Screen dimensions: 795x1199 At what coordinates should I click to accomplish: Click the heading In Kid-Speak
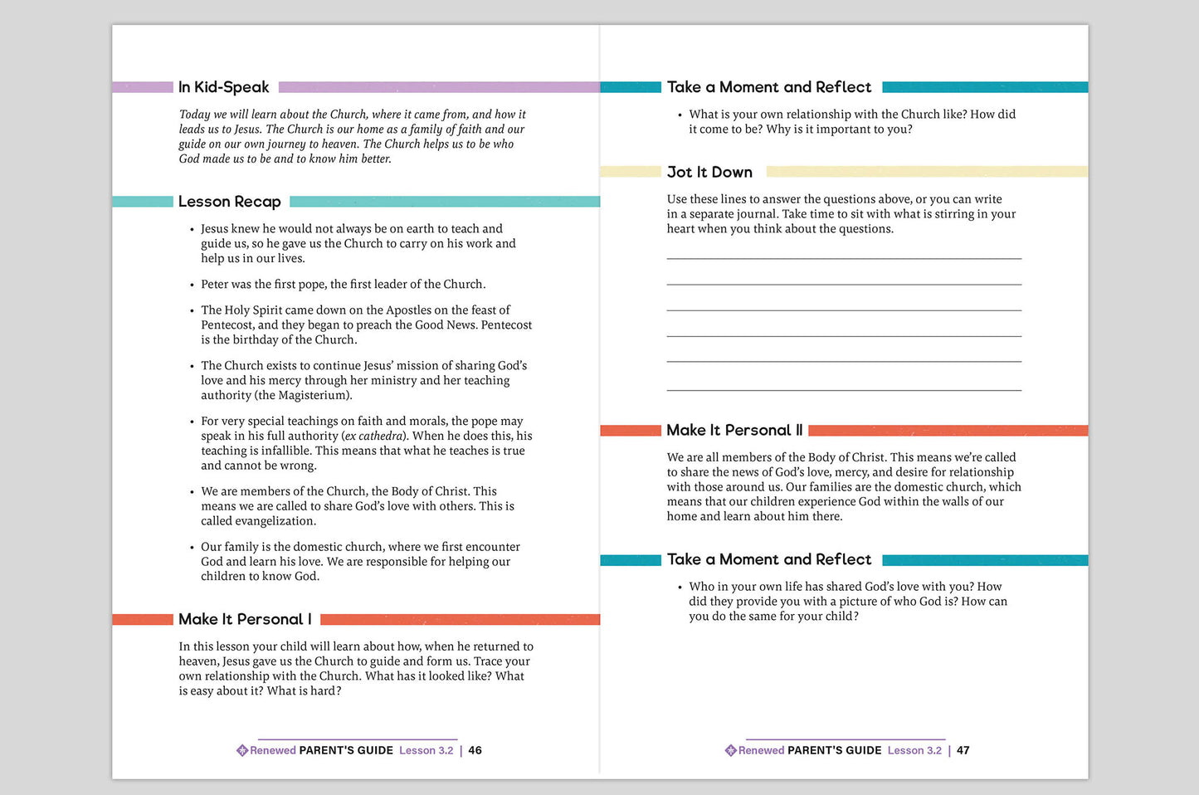pos(223,87)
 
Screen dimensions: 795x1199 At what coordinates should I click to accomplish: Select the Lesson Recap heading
pos(229,202)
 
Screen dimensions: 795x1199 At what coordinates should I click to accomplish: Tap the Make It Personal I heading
pos(245,619)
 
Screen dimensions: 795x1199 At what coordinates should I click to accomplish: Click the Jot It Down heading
pos(709,172)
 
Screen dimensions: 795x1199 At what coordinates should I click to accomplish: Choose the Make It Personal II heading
pos(734,430)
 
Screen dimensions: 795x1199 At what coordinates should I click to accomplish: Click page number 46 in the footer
pos(475,750)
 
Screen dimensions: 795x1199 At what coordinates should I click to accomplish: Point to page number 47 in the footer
pos(963,750)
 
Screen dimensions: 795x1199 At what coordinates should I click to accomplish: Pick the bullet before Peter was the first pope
pos(192,285)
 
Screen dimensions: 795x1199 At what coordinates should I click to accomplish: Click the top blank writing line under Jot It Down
pos(844,259)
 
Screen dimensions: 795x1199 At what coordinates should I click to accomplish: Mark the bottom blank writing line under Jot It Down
pos(844,389)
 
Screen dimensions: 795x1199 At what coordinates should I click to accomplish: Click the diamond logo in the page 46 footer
pos(242,750)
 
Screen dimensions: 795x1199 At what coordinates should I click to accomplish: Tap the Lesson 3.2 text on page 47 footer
pos(914,750)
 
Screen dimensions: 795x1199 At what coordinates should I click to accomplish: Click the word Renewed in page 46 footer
pos(273,750)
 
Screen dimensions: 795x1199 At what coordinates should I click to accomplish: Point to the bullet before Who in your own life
pos(680,588)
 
